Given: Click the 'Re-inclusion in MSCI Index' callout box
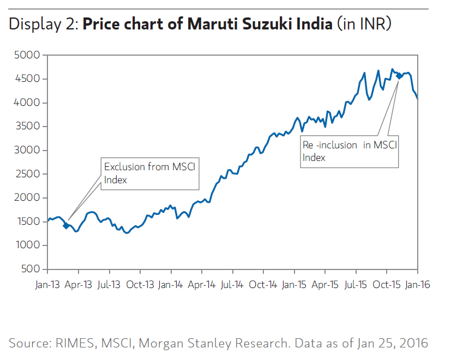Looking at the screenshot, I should click(x=350, y=151).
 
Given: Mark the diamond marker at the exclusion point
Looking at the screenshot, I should click(x=67, y=226).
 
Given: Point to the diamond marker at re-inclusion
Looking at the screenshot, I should click(x=399, y=76).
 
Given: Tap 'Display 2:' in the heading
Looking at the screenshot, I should click(x=43, y=25).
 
